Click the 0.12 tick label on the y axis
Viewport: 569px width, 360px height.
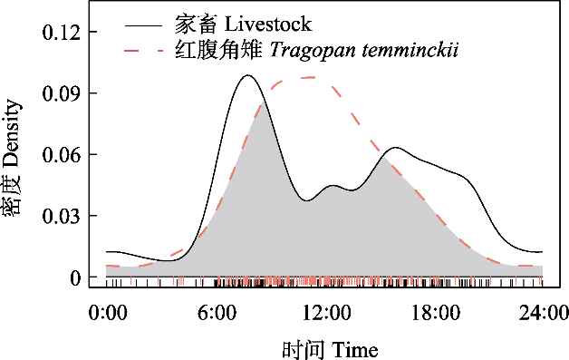click(x=61, y=33)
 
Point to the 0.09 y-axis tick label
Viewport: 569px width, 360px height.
click(x=61, y=93)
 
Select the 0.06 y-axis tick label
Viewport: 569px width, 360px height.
click(x=61, y=155)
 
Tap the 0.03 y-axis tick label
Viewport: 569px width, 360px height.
click(x=61, y=216)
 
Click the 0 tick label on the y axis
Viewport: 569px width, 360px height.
click(x=75, y=278)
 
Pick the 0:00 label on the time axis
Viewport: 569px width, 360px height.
click(x=108, y=313)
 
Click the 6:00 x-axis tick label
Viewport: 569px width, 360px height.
click(x=217, y=313)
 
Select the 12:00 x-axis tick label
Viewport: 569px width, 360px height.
click(x=326, y=313)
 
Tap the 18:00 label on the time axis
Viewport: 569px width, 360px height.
click(x=435, y=313)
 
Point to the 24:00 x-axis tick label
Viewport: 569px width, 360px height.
click(x=544, y=313)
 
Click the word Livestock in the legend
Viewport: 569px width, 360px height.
click(x=268, y=24)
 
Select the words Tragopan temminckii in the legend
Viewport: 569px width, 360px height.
click(x=364, y=50)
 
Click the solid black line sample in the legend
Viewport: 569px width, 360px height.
click(x=143, y=25)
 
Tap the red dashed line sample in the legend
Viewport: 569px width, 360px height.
click(x=143, y=51)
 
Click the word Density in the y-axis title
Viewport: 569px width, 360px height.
click(x=11, y=133)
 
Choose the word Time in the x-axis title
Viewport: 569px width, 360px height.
click(x=354, y=350)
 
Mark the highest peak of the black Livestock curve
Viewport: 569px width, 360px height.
click(x=248, y=75)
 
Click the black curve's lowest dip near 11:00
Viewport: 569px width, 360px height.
click(x=307, y=200)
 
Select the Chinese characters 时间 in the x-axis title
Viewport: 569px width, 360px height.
click(x=303, y=350)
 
